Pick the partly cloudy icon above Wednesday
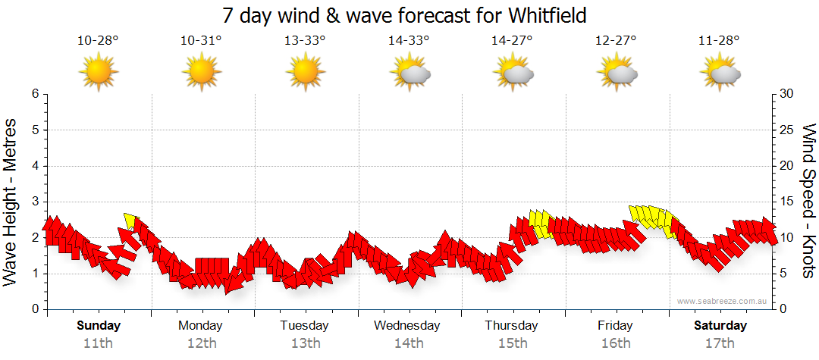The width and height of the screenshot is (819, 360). (409, 73)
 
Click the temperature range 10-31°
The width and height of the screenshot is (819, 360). (201, 41)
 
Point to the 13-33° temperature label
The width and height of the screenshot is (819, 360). (305, 41)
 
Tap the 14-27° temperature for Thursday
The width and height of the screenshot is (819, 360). (512, 41)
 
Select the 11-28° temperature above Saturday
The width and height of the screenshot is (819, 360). (719, 41)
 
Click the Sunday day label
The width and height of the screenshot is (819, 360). (98, 326)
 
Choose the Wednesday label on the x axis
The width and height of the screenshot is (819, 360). (408, 326)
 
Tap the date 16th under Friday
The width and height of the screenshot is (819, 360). (615, 343)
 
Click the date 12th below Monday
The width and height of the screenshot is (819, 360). (201, 343)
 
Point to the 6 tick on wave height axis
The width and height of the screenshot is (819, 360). (35, 94)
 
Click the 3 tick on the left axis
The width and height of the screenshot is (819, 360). (35, 202)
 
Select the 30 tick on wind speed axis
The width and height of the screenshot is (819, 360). (787, 94)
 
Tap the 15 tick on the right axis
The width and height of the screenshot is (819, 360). (787, 202)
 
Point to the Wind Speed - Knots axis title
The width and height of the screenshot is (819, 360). (808, 201)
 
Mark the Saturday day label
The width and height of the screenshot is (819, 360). (720, 326)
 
